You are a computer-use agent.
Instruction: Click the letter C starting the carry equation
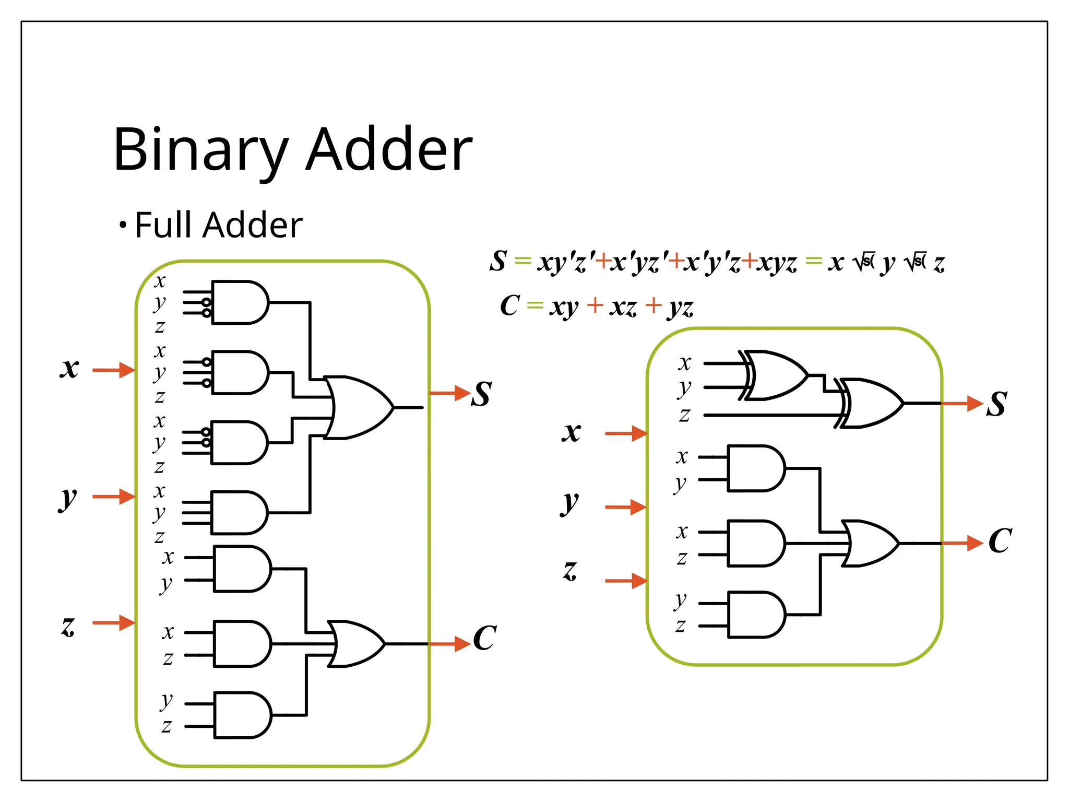pyautogui.click(x=509, y=305)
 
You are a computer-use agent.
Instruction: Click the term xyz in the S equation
pyautogui.click(x=777, y=263)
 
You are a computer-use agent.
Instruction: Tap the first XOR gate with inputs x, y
pyautogui.click(x=775, y=375)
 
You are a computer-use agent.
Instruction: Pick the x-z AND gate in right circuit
pyautogui.click(x=755, y=543)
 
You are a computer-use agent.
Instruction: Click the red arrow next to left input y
pyautogui.click(x=114, y=496)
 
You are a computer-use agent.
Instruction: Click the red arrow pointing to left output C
pyautogui.click(x=450, y=643)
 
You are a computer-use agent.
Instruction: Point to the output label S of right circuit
pyautogui.click(x=996, y=404)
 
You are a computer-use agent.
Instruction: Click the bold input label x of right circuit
pyautogui.click(x=572, y=432)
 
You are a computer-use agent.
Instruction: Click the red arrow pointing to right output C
pyautogui.click(x=963, y=543)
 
